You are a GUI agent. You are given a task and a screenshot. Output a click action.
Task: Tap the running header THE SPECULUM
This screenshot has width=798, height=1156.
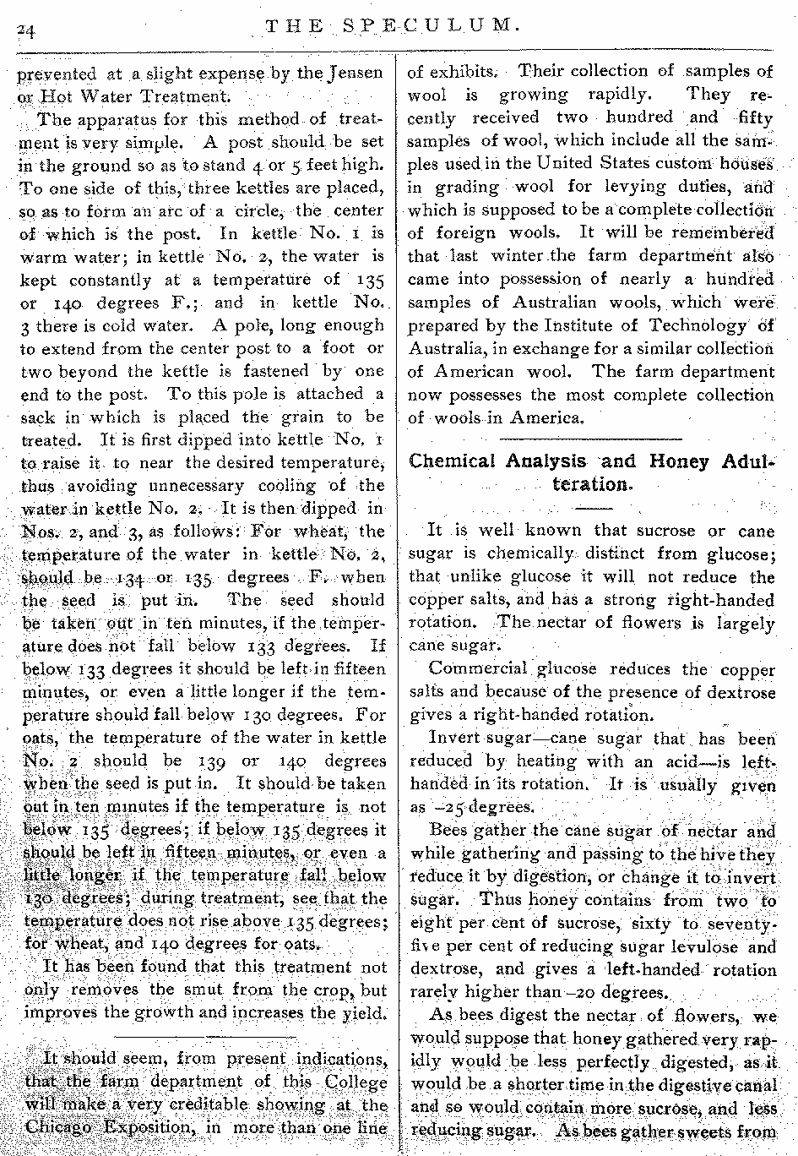click(x=390, y=25)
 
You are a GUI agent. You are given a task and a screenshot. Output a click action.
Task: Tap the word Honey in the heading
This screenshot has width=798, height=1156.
click(x=676, y=461)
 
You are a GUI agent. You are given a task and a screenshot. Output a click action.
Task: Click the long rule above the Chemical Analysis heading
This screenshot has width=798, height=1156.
click(x=590, y=439)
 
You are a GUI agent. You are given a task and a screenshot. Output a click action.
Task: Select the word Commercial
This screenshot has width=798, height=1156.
click(x=476, y=670)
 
